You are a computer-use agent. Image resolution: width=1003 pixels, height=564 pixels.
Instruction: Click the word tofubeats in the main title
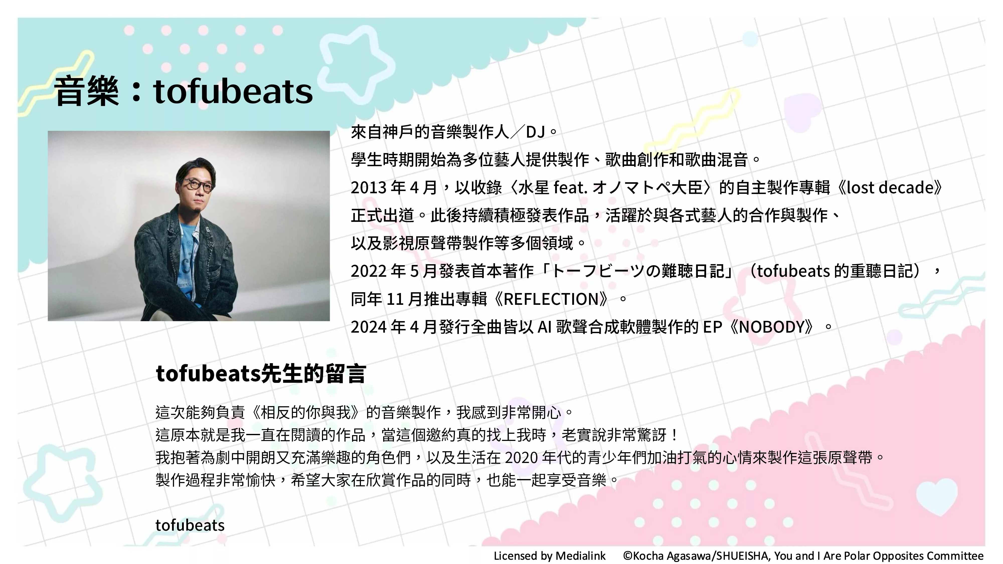point(233,91)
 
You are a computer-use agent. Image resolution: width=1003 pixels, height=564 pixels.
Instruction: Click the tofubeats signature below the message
point(190,525)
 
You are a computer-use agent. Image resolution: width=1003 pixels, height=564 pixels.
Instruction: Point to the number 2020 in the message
point(521,458)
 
